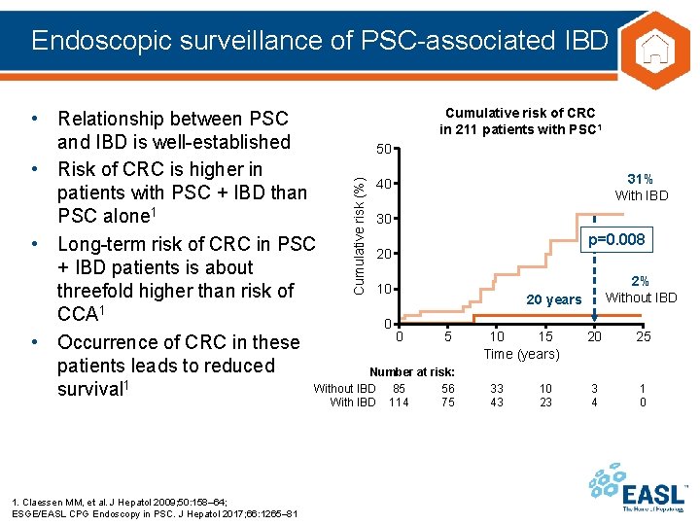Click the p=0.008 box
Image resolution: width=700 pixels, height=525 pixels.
[x=614, y=239]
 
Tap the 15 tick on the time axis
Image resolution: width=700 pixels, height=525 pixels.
[x=545, y=336]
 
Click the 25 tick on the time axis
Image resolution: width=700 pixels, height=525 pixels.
[x=644, y=336]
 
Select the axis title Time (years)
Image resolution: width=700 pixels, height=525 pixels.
[x=522, y=354]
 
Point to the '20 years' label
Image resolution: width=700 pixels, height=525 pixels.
[x=554, y=300]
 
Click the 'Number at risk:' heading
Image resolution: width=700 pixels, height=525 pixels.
[x=411, y=372]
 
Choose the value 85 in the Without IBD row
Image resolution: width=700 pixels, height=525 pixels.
[x=399, y=389]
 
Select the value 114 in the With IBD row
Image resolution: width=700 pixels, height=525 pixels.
[x=399, y=402]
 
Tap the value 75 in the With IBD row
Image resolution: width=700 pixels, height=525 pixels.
[x=447, y=402]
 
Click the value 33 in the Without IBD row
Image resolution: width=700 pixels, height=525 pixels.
[x=497, y=389]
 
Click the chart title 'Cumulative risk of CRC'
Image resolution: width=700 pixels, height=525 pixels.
[x=519, y=114]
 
